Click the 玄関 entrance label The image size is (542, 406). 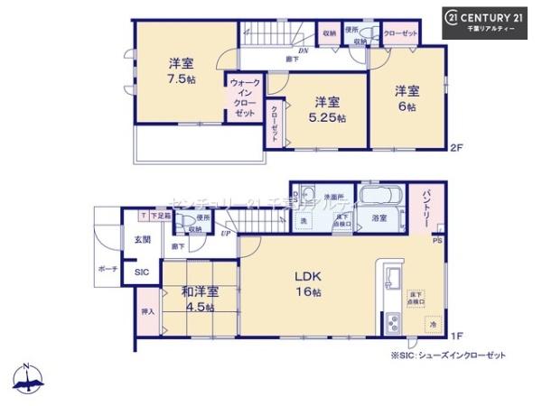point(143,239)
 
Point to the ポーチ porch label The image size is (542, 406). point(107,269)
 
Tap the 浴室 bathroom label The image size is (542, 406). point(379,218)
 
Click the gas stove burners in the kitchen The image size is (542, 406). point(393,322)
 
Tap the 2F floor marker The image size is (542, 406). point(456,146)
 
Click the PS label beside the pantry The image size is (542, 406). point(436,241)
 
